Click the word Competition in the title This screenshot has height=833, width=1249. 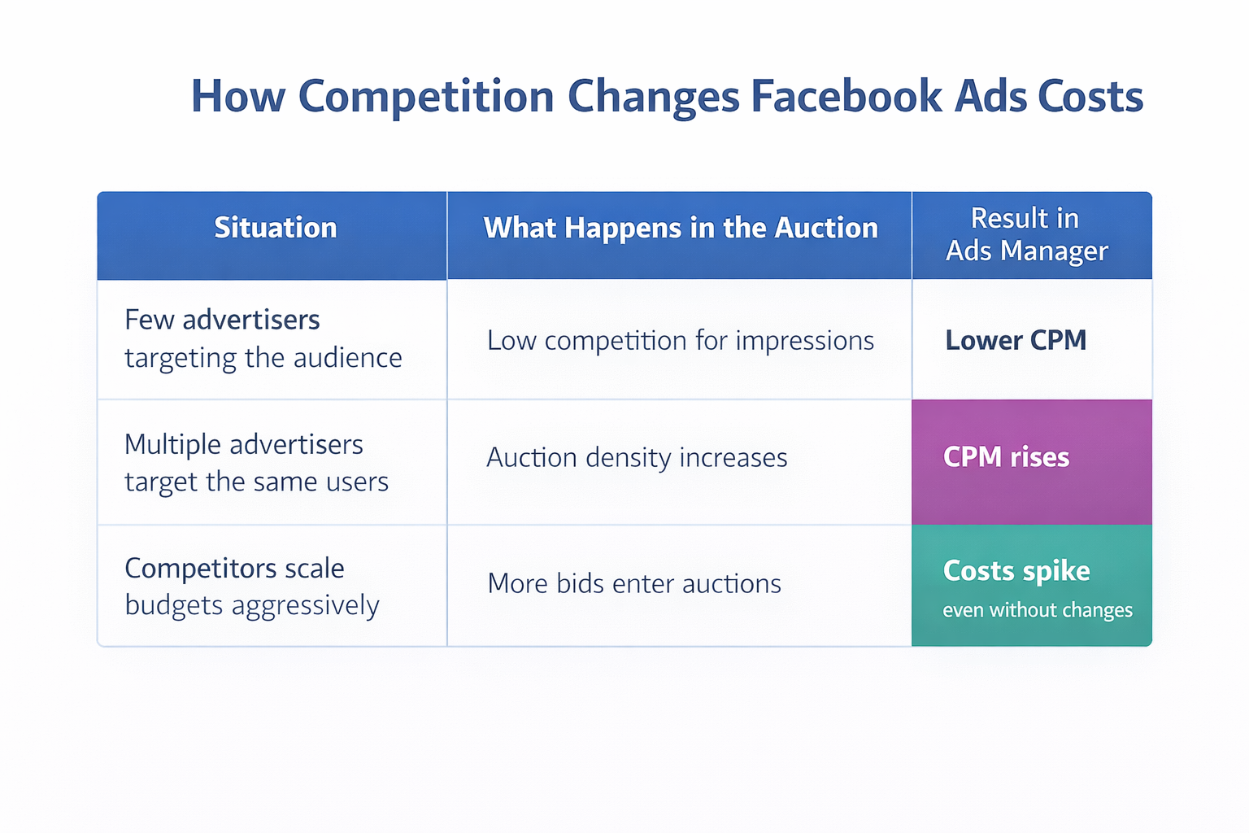pyautogui.click(x=426, y=97)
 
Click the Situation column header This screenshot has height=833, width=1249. pyautogui.click(x=275, y=228)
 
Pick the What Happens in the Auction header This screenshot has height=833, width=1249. pyautogui.click(x=680, y=228)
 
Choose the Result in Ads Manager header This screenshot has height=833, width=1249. pyautogui.click(x=1025, y=234)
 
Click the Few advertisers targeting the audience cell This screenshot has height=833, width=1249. pyautogui.click(x=263, y=338)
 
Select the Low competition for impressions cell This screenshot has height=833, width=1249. pyautogui.click(x=680, y=340)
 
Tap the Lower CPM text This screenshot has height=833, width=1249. pyautogui.click(x=1016, y=340)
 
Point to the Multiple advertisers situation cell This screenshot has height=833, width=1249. pyautogui.click(x=256, y=463)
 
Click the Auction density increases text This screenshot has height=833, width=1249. pyautogui.click(x=637, y=458)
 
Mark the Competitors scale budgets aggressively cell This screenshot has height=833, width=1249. pyautogui.click(x=251, y=587)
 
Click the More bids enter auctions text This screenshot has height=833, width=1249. pyautogui.click(x=634, y=583)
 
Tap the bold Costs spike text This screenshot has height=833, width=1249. pyautogui.click(x=1016, y=571)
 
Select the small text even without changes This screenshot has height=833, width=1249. pyautogui.click(x=1038, y=610)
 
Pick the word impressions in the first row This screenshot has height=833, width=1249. pyautogui.click(x=804, y=341)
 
